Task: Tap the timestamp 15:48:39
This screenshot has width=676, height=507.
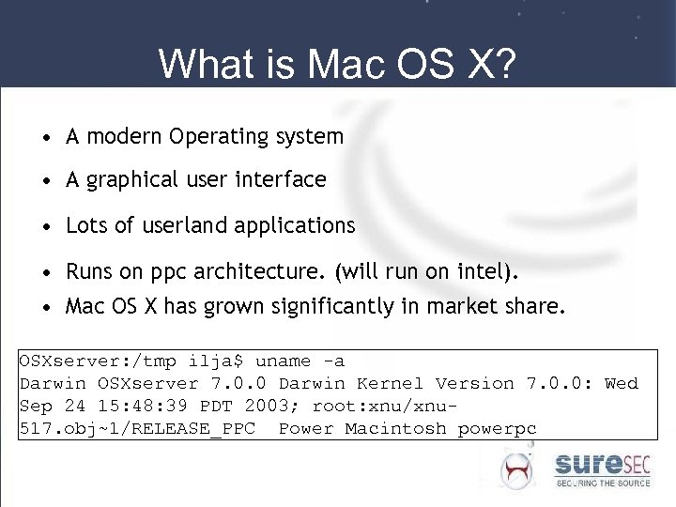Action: pos(131,406)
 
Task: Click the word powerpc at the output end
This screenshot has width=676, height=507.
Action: pos(497,428)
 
